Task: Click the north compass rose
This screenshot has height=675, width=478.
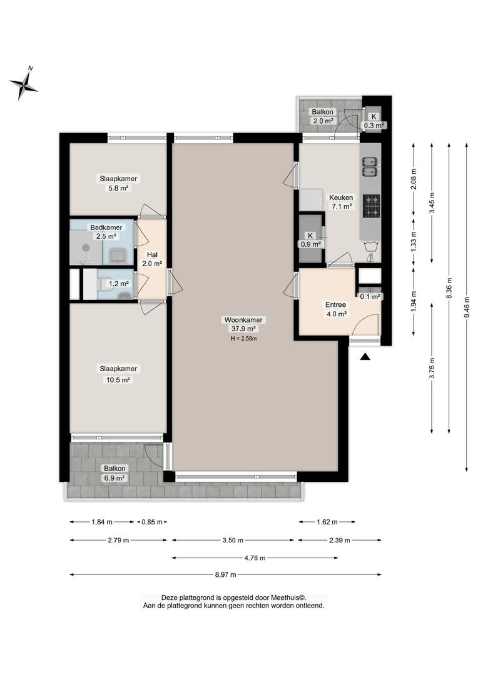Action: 24,84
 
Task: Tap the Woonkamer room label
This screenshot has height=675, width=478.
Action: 243,320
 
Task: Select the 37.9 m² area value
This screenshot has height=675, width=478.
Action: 243,329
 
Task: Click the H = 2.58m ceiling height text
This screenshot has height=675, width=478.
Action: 243,338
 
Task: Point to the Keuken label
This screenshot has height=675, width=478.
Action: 341,197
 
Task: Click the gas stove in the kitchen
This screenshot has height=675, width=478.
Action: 371,206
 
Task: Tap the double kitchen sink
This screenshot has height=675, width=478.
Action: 370,167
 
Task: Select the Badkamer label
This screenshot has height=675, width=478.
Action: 106,227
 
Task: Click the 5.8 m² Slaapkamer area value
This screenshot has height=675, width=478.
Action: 118,188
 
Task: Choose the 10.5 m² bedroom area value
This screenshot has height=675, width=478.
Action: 118,380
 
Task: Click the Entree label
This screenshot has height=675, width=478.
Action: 336,305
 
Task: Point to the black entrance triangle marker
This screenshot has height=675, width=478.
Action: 365,356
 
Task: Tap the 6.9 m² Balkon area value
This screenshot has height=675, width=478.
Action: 114,478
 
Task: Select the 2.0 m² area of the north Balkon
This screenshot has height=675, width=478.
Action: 323,121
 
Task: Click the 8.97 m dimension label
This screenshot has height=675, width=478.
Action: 225,574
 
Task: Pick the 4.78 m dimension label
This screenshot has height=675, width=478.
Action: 255,558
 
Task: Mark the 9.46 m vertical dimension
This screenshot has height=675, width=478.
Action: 467,307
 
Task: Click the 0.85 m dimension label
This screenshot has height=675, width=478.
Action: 151,522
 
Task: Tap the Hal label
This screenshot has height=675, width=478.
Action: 152,254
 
